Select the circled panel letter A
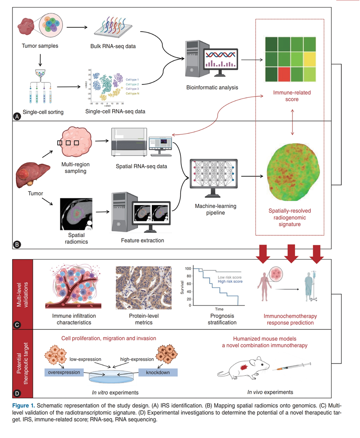[x=17, y=116]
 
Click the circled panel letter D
[x=17, y=392]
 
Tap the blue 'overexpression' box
[x=63, y=372]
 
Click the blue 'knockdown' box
[x=158, y=372]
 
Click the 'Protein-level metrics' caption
[x=138, y=319]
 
